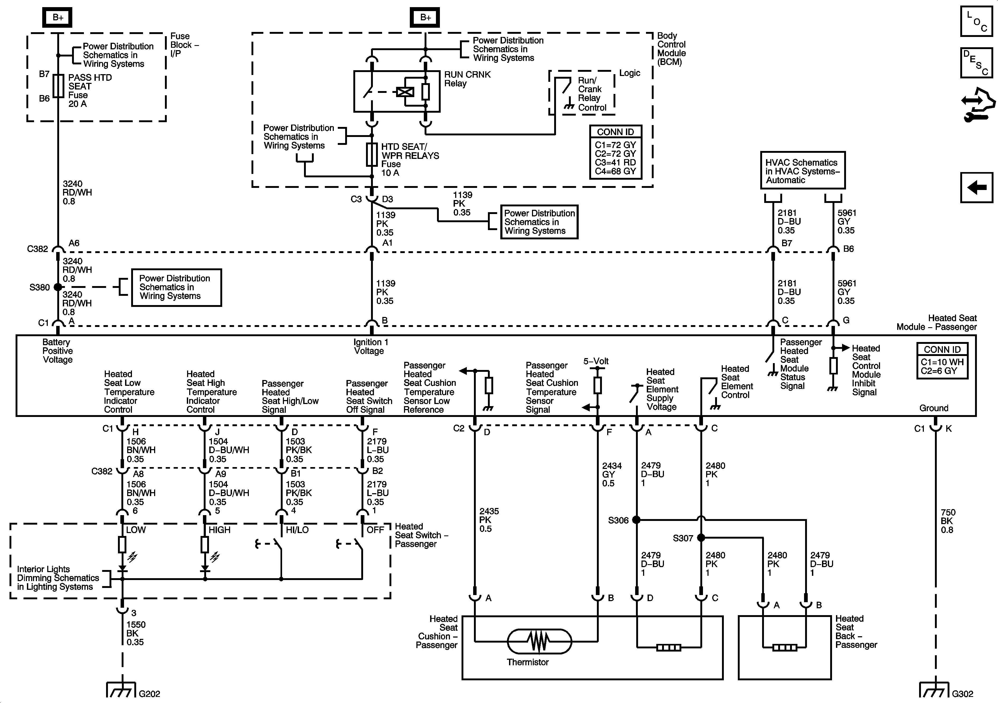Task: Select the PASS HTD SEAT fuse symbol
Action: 58,86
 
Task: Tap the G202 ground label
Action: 150,694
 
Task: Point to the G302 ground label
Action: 962,694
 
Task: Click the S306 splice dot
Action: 636,520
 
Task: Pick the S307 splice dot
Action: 701,538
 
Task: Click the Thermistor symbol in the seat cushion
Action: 539,641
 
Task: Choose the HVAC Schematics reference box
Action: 802,170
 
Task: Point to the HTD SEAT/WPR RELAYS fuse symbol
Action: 372,155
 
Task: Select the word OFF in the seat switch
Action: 375,530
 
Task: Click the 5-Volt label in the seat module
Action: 596,361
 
